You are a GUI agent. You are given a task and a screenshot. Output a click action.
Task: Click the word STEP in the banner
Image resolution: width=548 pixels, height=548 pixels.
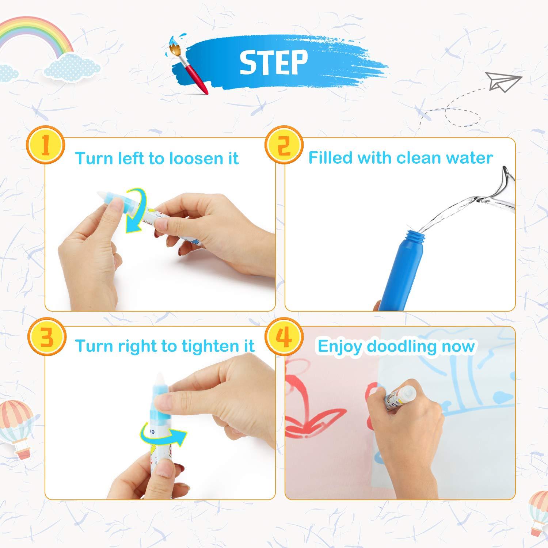[273, 62]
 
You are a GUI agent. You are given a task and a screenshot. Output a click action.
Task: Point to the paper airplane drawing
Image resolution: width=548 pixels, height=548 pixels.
[503, 81]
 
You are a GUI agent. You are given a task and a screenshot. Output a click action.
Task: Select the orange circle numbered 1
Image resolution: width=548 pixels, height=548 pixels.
[45, 145]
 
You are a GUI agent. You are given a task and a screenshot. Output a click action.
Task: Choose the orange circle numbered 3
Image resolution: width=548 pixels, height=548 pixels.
[46, 337]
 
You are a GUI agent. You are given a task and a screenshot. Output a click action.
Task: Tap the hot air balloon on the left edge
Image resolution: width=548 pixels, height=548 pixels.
[16, 424]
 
